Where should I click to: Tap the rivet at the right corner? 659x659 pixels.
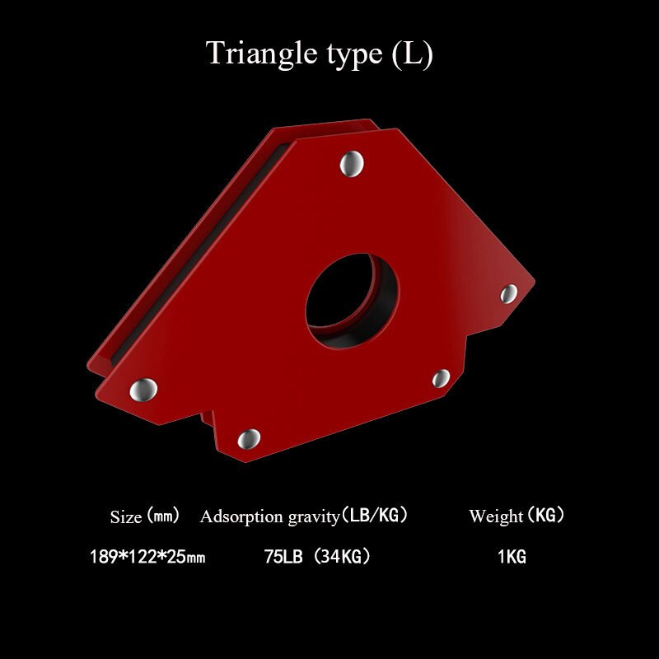509,292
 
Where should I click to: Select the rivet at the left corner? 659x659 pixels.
146,387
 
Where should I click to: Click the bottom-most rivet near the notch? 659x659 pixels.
249,438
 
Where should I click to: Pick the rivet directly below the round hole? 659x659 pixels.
442,378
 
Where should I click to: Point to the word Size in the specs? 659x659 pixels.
126,517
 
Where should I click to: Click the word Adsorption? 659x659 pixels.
240,517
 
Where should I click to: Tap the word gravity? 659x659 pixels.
314,518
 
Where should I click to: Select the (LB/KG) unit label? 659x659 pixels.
376,516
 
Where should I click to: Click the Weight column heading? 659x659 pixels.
496,516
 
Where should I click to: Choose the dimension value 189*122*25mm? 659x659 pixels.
147,558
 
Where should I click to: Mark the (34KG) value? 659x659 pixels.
341,557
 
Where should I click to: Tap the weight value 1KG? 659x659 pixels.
512,558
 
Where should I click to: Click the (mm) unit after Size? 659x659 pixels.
163,516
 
